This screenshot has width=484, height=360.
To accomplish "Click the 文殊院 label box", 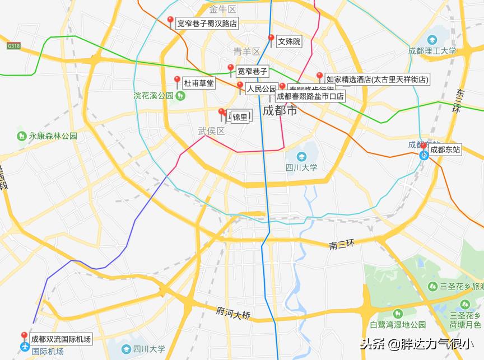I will pos(289,41).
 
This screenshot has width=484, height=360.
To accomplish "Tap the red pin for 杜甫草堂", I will pos(178,81).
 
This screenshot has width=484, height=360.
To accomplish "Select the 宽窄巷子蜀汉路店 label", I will pos(207,24).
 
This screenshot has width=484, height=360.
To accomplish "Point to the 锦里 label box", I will pos(240,117).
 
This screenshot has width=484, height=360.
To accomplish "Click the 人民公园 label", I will pos(262,88).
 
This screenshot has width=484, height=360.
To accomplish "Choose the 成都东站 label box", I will pos(445,150).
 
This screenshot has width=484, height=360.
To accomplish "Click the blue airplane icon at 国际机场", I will pos(24,347).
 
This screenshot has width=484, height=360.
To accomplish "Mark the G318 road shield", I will pos(13,45).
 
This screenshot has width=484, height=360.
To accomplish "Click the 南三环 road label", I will pos(342,244).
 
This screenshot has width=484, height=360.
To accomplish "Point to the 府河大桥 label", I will pos(233,314).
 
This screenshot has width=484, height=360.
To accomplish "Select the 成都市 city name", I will pos(280,110).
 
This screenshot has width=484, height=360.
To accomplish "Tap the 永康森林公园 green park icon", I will pos(21,135).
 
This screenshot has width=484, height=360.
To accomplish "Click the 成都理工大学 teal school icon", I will pos(432,40).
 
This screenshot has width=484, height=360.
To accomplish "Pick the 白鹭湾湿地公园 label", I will pos(398,325).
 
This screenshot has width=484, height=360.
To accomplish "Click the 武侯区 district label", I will pos(211,131).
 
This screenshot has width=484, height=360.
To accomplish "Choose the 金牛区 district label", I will pos(223,10).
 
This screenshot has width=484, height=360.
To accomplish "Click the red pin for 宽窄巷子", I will pos(230,69).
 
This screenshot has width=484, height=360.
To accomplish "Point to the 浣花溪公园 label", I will pos(153,96).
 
